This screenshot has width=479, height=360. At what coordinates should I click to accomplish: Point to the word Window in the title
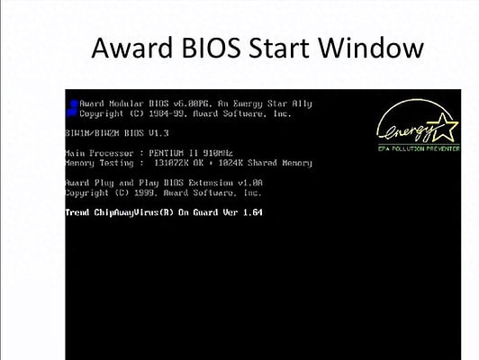(384, 47)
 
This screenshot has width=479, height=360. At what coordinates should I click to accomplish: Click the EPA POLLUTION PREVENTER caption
(418, 147)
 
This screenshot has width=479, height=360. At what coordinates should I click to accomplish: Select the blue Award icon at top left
(72, 108)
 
